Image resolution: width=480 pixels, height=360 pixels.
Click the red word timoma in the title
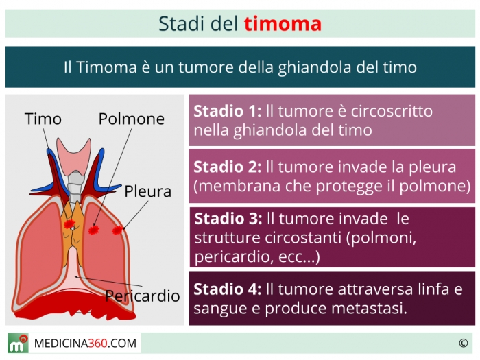tap(283, 24)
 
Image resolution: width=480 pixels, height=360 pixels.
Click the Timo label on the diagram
tap(43, 119)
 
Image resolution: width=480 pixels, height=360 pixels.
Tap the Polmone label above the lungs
tap(132, 119)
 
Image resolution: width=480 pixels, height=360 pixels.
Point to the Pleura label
tap(148, 191)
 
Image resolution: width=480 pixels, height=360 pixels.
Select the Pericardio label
tap(143, 296)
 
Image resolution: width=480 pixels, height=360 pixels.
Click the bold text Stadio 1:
tap(228, 111)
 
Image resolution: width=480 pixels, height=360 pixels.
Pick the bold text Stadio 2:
tap(228, 167)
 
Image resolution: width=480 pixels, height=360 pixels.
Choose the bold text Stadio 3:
tap(228, 219)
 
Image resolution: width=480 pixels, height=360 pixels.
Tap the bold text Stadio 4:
tap(228, 289)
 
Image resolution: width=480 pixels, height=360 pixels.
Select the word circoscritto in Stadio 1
tap(392, 111)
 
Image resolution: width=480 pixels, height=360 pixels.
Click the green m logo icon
tap(18, 344)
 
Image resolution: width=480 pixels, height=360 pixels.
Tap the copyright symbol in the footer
tap(463, 343)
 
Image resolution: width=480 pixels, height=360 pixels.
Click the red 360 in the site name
tap(97, 344)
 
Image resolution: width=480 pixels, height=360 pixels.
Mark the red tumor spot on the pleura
tap(117, 230)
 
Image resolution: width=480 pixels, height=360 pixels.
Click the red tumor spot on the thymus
tap(69, 224)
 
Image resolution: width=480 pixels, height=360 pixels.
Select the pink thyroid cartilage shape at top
tap(74, 156)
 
